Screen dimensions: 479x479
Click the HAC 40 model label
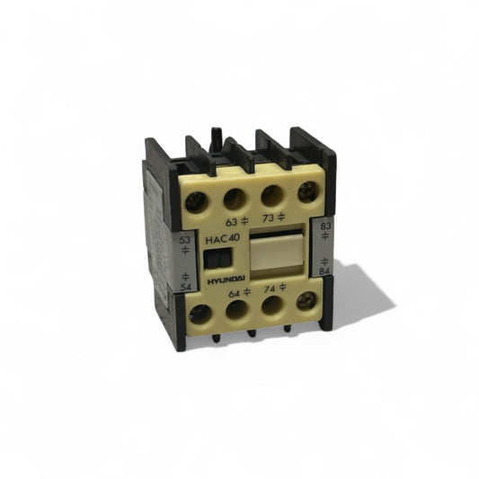point(222,239)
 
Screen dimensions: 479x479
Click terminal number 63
point(231,222)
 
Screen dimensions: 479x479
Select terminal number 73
point(268,218)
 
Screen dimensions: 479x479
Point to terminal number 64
point(235,294)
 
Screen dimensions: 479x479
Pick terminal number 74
point(270,288)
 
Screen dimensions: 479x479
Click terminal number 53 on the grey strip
point(184,240)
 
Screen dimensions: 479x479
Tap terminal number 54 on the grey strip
point(185,288)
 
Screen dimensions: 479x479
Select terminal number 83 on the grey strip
point(325,226)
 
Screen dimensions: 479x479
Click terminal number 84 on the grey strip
point(324,271)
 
